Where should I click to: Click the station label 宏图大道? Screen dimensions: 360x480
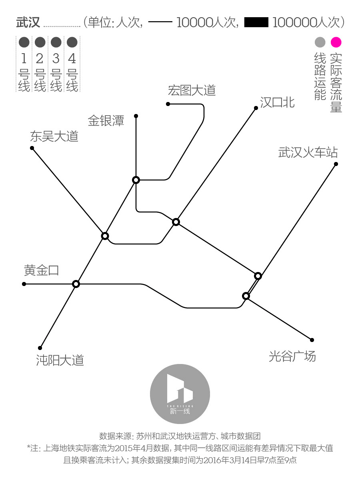tap(192, 90)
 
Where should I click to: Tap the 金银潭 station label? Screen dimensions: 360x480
tap(106, 121)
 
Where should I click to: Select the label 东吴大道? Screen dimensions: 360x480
tap(54, 137)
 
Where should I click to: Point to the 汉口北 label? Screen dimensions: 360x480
tap(277, 102)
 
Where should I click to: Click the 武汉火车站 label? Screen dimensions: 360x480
tap(308, 152)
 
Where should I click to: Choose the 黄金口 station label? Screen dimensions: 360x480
tap(41, 271)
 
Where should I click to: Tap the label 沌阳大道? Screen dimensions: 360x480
tap(60, 360)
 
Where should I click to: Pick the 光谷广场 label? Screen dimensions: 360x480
tap(292, 356)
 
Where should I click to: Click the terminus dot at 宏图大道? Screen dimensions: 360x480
tap(168, 104)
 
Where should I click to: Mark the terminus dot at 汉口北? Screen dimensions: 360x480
tap(256, 108)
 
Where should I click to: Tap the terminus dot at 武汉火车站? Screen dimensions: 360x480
tap(336, 164)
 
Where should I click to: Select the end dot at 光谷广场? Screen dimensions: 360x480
tap(312, 340)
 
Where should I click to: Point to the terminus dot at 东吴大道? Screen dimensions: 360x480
tap(32, 148)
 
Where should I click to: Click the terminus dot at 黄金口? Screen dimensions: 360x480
tap(24, 284)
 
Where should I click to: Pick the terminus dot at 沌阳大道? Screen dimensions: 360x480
tap(40, 348)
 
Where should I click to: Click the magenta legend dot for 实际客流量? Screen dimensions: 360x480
tap(336, 42)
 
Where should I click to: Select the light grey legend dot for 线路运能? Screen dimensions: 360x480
tap(320, 42)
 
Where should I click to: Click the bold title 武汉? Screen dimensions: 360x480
tap(28, 22)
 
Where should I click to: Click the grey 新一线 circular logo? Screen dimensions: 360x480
tap(180, 394)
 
